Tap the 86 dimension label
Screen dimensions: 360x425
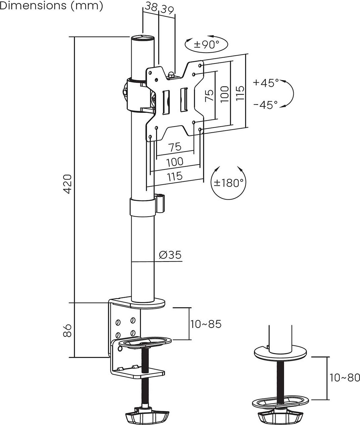pos(67,331)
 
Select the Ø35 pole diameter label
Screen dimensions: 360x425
pos(170,255)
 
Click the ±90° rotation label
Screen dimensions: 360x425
pos(207,45)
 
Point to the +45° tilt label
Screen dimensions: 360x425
pos(266,83)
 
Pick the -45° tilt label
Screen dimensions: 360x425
pos(266,105)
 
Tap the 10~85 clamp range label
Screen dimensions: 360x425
pos(206,324)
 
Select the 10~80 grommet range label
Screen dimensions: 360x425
pos(345,377)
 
